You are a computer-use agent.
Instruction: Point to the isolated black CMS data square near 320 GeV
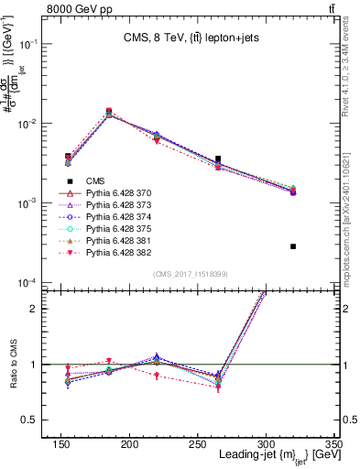tap(293, 246)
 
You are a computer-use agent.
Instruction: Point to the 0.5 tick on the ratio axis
tap(41, 420)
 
